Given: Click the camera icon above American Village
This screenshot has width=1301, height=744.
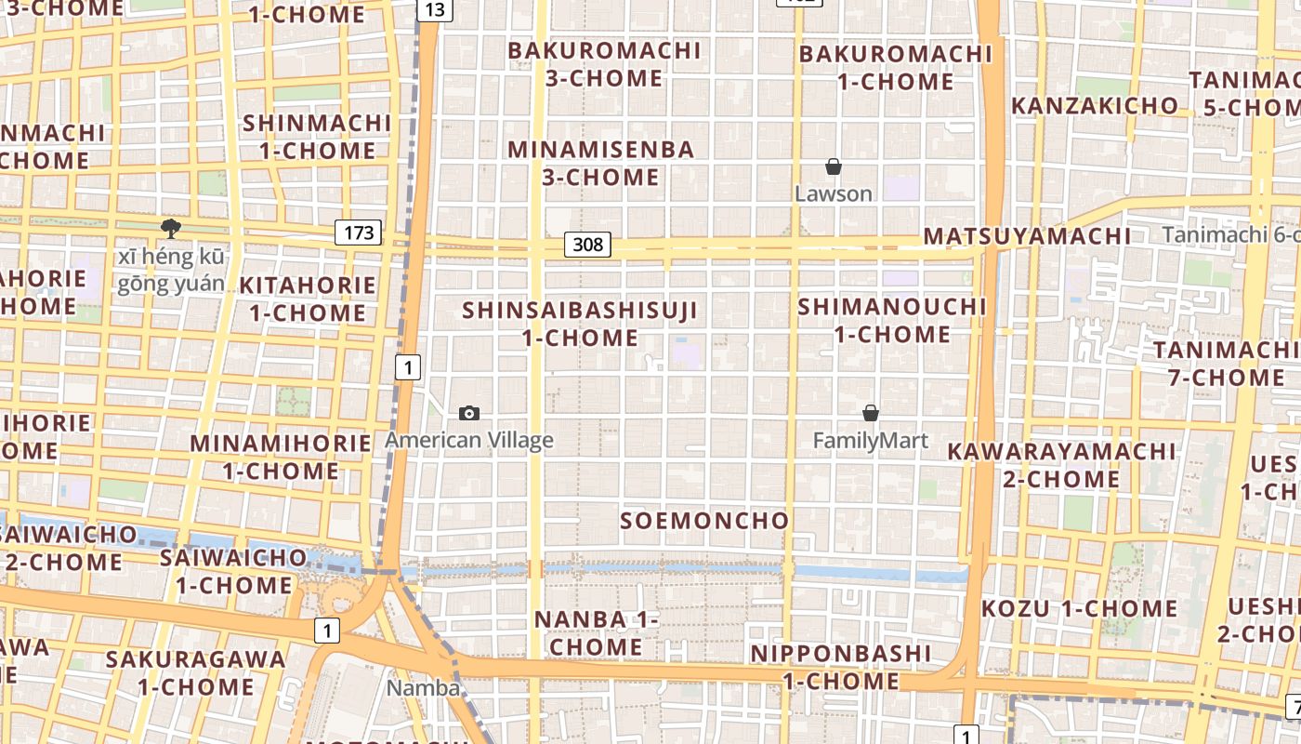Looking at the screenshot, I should (x=469, y=413).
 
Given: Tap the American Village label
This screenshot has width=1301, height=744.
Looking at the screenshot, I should (x=469, y=440).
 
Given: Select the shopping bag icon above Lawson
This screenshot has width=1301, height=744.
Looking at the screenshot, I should (x=834, y=166).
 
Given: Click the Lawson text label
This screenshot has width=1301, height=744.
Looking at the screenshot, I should (x=834, y=193).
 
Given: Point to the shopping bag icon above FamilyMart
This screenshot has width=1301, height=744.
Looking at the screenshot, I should (x=871, y=413).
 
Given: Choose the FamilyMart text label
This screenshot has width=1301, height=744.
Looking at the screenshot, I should (x=871, y=440).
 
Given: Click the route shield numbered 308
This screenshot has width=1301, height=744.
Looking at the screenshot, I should (x=587, y=245).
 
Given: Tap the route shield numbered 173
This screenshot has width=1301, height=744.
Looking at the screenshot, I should (x=358, y=232).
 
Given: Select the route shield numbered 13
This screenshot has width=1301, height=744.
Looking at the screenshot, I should (x=434, y=10).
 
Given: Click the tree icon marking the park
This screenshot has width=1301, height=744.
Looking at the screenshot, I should (x=170, y=228).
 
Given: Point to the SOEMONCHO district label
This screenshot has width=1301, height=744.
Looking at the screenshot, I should (x=704, y=521).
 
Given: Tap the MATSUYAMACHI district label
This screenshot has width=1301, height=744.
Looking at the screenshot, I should (x=1027, y=236).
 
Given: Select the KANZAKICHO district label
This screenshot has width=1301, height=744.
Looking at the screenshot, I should (x=1094, y=106).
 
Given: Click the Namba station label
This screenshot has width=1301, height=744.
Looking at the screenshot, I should (x=423, y=688).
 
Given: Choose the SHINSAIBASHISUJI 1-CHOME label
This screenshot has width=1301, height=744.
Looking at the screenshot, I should (x=580, y=324).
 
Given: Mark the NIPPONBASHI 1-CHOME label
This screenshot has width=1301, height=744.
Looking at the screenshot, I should (x=841, y=667).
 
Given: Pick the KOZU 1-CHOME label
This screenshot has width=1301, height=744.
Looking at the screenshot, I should (x=1080, y=609).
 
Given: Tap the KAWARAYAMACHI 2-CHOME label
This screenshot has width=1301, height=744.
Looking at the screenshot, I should (x=1061, y=465).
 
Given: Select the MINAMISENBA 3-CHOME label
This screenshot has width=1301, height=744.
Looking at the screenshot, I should (x=600, y=163).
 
